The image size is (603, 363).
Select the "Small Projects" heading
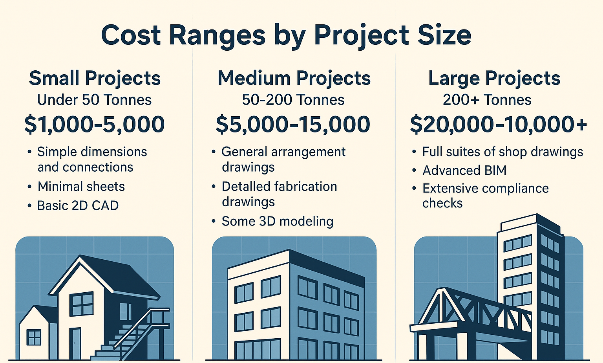click(x=95, y=79)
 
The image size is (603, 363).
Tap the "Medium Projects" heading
click(x=294, y=79)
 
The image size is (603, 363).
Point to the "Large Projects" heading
click(x=494, y=79)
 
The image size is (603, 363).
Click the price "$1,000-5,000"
click(x=95, y=125)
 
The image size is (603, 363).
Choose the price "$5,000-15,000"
click(x=293, y=125)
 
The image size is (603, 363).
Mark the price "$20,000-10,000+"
click(x=498, y=125)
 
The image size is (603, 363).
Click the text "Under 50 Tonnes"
click(x=94, y=100)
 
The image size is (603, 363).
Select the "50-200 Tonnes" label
click(x=293, y=100)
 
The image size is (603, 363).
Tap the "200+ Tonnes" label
click(x=487, y=100)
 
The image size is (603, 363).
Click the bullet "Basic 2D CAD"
click(x=78, y=206)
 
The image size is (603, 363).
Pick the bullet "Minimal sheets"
click(x=81, y=187)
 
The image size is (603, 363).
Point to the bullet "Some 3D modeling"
click(x=278, y=222)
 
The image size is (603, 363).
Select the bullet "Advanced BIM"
click(x=464, y=170)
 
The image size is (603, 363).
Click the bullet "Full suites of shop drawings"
click(x=502, y=152)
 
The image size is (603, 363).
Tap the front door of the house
click(x=75, y=344)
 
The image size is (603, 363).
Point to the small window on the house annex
click(x=34, y=337)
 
